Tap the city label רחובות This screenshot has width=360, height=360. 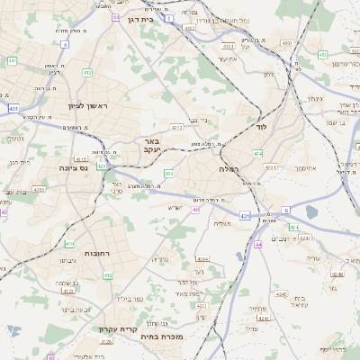point(95,254)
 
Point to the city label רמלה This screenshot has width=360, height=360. point(228,168)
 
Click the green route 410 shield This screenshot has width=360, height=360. point(69,243)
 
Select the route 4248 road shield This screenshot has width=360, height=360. point(283,293)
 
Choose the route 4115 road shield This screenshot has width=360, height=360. point(82,158)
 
